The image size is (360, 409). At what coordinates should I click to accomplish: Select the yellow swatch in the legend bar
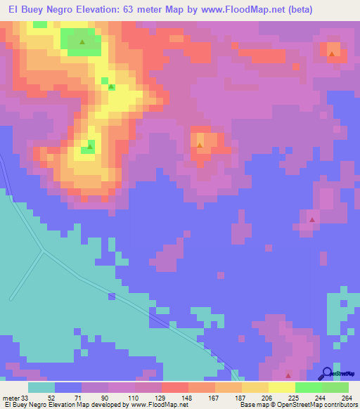click(x=281, y=387)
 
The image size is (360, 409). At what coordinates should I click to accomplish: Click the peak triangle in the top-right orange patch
click(x=332, y=53)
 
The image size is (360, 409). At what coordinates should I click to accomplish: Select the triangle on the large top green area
click(x=82, y=42)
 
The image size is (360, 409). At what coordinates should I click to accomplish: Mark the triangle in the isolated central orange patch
click(x=200, y=146)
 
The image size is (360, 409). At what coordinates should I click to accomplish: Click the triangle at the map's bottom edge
click(x=288, y=375)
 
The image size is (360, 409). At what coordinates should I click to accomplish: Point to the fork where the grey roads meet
click(x=43, y=251)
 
